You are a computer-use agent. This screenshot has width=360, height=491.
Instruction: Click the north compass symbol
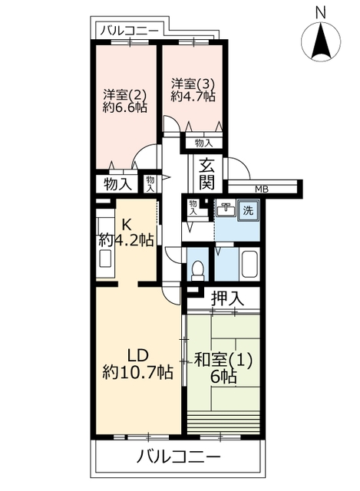(321, 41)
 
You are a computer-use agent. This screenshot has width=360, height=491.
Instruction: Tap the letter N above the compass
(321, 12)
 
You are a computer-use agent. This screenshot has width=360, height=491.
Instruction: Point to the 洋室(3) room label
(193, 83)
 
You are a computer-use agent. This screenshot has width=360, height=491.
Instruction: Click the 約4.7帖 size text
(193, 96)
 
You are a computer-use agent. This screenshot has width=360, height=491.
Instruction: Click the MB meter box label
(262, 189)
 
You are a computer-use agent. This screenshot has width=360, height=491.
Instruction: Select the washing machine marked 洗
(249, 210)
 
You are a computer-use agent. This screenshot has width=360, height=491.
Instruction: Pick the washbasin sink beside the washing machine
(226, 209)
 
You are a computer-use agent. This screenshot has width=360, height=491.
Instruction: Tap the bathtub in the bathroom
(249, 264)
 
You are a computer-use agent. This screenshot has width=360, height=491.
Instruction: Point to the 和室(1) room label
(223, 361)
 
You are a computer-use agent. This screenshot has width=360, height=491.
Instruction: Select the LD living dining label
(137, 356)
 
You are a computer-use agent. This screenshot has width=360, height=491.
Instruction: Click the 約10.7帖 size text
(137, 372)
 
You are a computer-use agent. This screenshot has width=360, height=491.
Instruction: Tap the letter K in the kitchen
(126, 224)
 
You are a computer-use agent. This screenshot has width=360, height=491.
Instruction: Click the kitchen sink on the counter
(104, 259)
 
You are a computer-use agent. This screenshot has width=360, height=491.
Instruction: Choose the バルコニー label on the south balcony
(179, 457)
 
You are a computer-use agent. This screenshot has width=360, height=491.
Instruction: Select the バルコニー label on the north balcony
(130, 31)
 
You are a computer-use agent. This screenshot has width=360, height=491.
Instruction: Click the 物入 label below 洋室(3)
(203, 143)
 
